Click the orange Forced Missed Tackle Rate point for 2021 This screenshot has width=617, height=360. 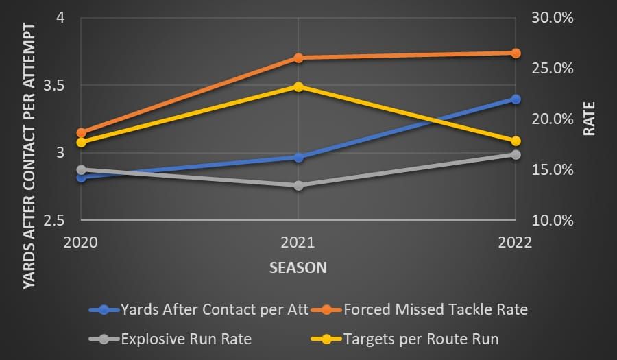[298, 58]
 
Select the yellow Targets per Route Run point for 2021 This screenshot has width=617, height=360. [298, 87]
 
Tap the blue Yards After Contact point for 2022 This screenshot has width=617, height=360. [516, 99]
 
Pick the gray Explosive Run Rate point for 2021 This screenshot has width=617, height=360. [298, 186]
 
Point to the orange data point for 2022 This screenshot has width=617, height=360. [516, 53]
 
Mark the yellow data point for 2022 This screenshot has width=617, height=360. [516, 141]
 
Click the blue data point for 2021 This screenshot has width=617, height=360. [298, 157]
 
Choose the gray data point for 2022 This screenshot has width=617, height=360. [516, 154]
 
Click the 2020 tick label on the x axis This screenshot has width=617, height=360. [81, 242]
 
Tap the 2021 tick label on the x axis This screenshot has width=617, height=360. [298, 242]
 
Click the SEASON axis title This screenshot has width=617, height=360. [298, 267]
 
